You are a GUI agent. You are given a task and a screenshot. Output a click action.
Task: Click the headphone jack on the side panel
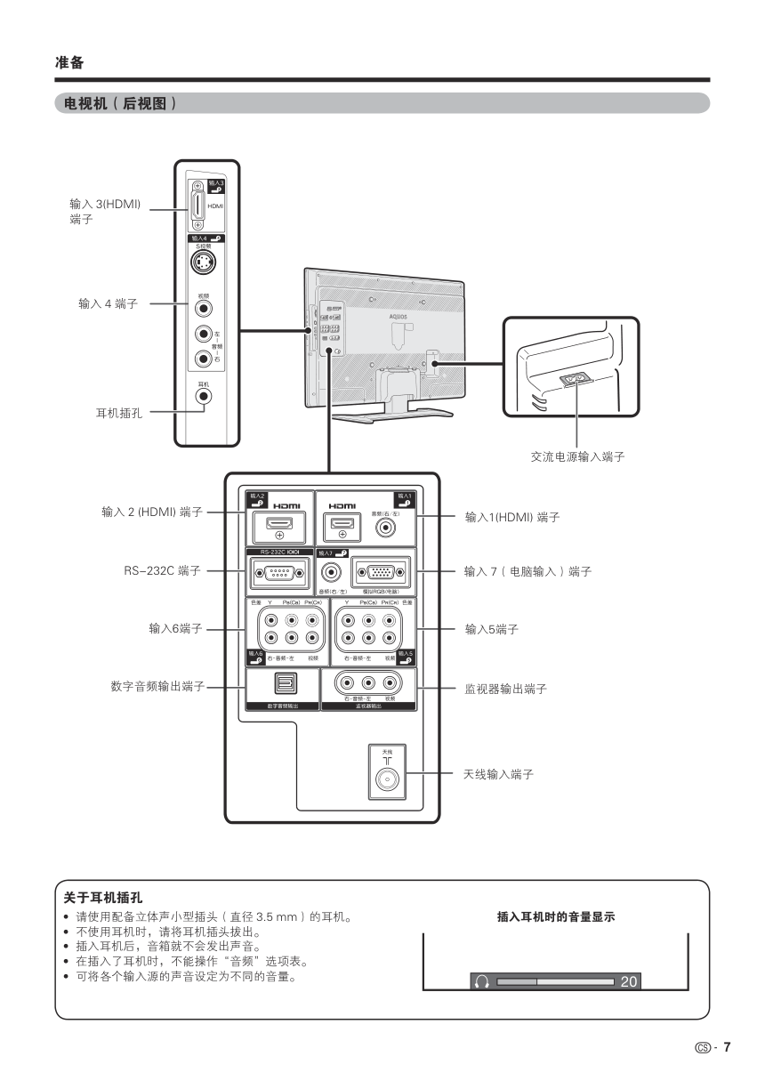[x=205, y=396]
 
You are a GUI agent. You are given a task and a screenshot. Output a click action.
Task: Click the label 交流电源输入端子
[x=577, y=456]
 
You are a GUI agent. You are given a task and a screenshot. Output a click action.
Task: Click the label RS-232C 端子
[x=162, y=571]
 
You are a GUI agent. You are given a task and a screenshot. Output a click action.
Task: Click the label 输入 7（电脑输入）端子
[x=527, y=571]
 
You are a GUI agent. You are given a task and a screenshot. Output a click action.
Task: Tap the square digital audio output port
[x=278, y=683]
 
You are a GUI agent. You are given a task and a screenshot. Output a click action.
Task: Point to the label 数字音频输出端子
[x=158, y=687]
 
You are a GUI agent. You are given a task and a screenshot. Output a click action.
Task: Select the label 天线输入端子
[x=498, y=775]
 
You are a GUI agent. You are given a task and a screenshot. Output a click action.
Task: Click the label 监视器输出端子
[x=505, y=688]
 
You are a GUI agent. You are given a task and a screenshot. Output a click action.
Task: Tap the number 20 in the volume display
[x=628, y=982]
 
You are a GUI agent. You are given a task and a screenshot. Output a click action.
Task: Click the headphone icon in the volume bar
[x=482, y=982]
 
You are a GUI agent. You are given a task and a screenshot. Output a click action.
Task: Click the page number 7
[x=727, y=1047]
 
